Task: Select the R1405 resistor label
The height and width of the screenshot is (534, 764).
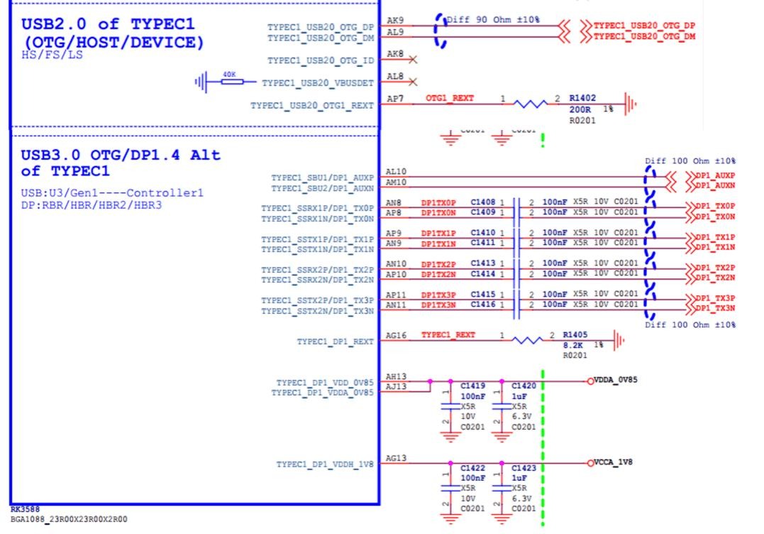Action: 576,334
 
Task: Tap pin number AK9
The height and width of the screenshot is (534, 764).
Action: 395,21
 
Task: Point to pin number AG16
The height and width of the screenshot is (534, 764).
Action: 397,335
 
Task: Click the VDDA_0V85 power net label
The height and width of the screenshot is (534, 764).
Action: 616,380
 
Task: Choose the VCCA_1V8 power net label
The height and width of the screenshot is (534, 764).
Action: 614,462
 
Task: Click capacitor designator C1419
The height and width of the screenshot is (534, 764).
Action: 472,386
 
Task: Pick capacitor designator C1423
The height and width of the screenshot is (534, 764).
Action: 524,469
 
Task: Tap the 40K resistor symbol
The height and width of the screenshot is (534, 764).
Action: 230,82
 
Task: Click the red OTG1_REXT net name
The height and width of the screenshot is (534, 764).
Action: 450,97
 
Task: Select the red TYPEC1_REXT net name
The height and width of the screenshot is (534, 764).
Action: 448,334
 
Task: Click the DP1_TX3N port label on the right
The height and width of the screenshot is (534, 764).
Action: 715,308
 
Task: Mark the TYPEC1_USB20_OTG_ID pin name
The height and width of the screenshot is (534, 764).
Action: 321,61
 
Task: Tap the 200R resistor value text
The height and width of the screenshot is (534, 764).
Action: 580,111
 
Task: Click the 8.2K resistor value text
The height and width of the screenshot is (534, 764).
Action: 572,344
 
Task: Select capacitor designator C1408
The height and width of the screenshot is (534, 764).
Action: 482,203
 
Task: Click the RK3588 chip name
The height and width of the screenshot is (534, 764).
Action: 25,510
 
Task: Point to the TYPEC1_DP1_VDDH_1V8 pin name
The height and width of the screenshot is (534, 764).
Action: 325,465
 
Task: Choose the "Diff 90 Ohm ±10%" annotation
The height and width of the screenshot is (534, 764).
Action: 493,19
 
